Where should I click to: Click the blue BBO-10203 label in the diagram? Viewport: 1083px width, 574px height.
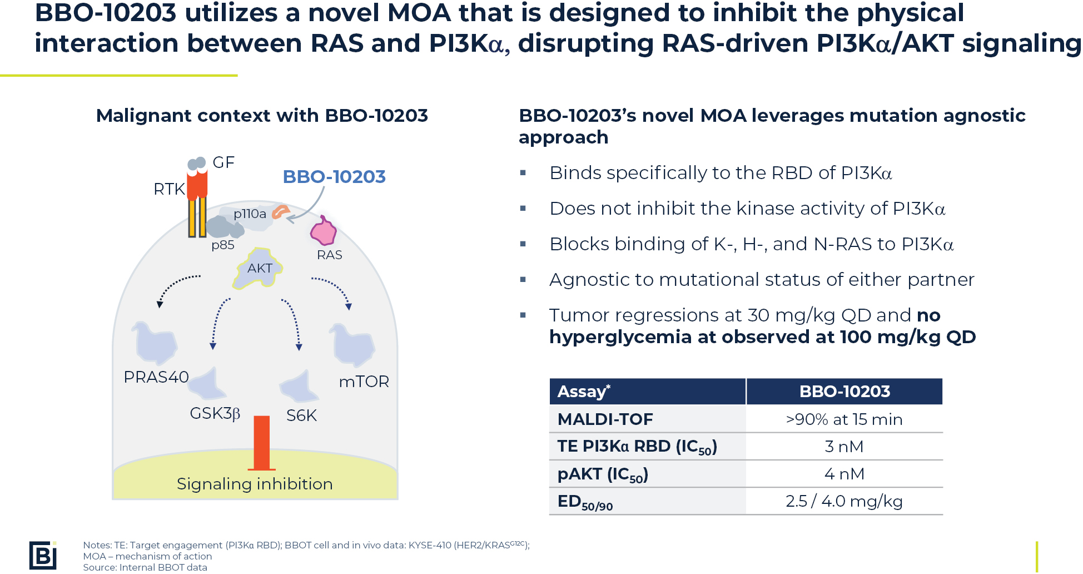334,176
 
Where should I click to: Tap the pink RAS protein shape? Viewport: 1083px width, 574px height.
323,231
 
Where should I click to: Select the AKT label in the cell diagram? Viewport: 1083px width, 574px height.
260,268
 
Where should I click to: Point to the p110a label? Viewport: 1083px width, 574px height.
250,214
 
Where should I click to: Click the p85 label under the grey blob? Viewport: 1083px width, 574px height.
223,245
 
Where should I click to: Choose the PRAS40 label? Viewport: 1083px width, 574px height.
156,377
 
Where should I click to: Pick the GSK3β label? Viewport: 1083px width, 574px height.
215,414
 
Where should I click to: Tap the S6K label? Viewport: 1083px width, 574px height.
301,415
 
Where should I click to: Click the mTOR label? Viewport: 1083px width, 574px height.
364,382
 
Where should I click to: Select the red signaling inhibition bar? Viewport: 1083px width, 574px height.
261,443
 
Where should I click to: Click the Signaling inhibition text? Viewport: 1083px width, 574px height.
255,484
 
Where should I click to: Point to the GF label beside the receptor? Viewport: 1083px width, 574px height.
223,162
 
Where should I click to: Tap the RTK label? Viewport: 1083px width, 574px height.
169,189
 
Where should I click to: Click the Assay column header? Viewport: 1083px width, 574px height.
584,392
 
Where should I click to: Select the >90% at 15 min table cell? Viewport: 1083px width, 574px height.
844,419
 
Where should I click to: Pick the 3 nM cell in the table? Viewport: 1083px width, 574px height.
844,447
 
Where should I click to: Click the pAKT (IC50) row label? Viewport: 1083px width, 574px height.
603,474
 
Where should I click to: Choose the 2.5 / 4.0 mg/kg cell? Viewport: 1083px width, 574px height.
844,501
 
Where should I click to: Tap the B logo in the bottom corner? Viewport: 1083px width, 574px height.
43,555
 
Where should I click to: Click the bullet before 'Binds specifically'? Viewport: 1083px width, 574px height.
523,173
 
